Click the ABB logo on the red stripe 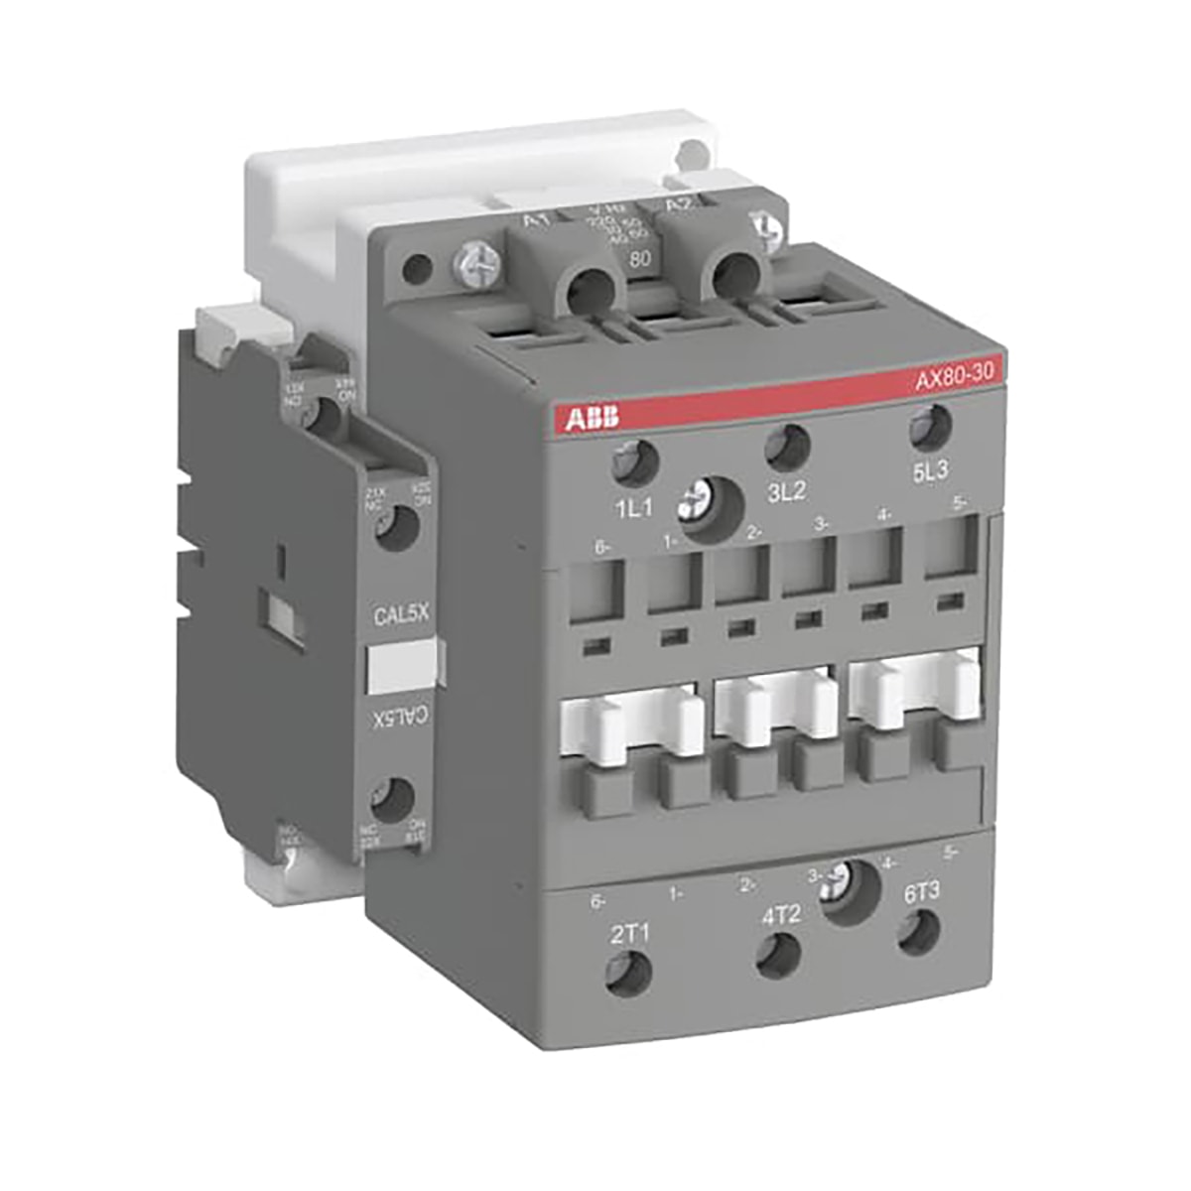pyautogui.click(x=593, y=417)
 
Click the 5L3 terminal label pyautogui.click(x=931, y=472)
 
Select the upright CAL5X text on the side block pyautogui.click(x=400, y=615)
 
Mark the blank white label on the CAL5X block pyautogui.click(x=401, y=666)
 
